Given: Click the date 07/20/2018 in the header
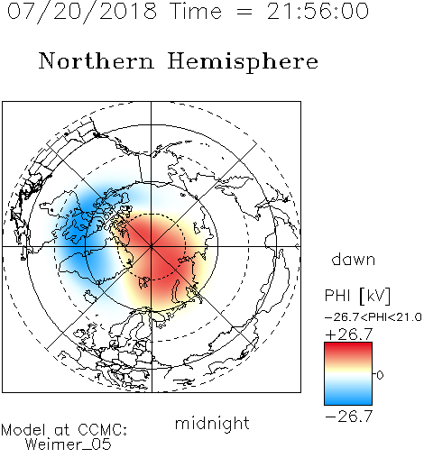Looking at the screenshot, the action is pos(82,12).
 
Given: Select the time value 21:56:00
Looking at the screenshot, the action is pos(318,11).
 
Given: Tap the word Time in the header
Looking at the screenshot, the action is pos(196,11).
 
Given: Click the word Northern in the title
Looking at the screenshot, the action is pos(97,61).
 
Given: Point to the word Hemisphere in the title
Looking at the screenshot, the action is pos(243,62).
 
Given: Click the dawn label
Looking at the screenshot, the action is pos(353,259).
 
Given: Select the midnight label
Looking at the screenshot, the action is pos(212,423).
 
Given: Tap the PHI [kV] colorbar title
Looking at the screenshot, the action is pos(357,296).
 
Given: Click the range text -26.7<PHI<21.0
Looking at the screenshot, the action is pos(373,317).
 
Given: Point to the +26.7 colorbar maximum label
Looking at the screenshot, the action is pos(349,334).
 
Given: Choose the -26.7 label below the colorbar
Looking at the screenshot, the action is pos(349,417).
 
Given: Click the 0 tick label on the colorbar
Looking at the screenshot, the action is pos(380,375).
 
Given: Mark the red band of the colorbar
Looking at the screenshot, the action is pos(348,350).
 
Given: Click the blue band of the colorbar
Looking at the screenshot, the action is pos(348,397).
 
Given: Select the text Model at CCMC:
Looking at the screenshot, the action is pos(64,430).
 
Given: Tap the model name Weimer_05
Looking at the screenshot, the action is pos(69,444).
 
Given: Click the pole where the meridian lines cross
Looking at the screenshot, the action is pos(152,247).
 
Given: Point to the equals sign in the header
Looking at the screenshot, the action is pos(244,12).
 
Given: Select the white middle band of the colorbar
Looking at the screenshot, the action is pos(348,374).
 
